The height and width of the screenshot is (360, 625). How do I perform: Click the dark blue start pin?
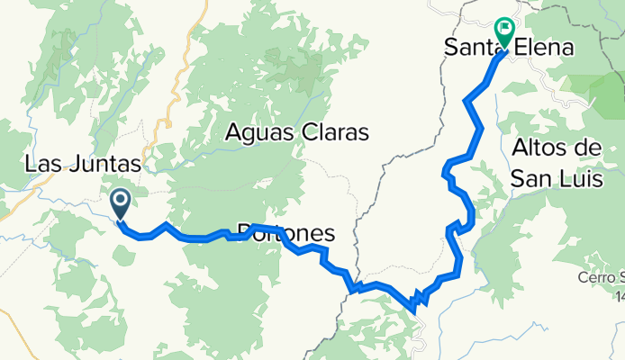(x=120, y=202)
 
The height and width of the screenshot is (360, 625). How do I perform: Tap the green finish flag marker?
(x=503, y=33)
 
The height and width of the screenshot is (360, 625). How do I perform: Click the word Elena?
(x=540, y=48)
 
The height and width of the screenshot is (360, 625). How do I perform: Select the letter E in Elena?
(x=515, y=48)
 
